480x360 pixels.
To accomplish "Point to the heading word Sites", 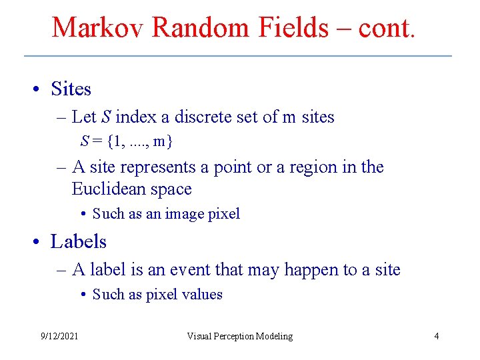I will tap(71, 89).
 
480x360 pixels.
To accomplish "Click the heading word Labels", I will tap(79, 241).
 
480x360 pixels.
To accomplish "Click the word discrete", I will tap(199, 117).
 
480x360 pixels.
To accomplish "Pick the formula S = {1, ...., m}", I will tap(127, 141).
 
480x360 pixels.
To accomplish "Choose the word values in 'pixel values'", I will tap(201, 295).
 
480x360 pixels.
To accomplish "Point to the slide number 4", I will tap(436, 336).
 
